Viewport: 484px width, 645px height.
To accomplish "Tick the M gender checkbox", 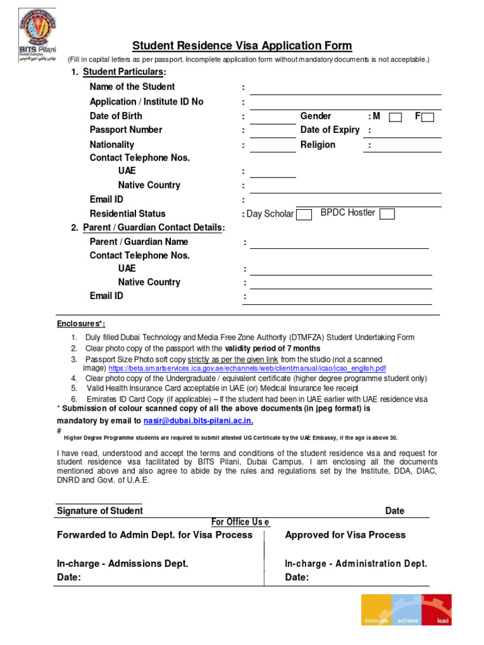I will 396,117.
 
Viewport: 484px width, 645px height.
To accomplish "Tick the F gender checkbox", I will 427,117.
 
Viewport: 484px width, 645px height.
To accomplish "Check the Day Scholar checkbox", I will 304,214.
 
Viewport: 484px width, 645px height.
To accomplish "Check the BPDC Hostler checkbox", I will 388,214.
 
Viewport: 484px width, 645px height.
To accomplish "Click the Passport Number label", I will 126,130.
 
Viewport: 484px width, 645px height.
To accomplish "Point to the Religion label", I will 318,145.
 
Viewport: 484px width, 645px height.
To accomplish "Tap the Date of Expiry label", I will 330,130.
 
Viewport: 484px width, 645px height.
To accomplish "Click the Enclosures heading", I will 79,323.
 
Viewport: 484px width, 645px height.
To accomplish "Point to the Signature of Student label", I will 100,511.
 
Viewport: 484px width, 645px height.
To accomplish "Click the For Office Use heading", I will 240,522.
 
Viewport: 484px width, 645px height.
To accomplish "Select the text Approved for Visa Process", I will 345,535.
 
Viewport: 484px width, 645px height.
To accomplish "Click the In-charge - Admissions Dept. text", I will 122,564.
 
